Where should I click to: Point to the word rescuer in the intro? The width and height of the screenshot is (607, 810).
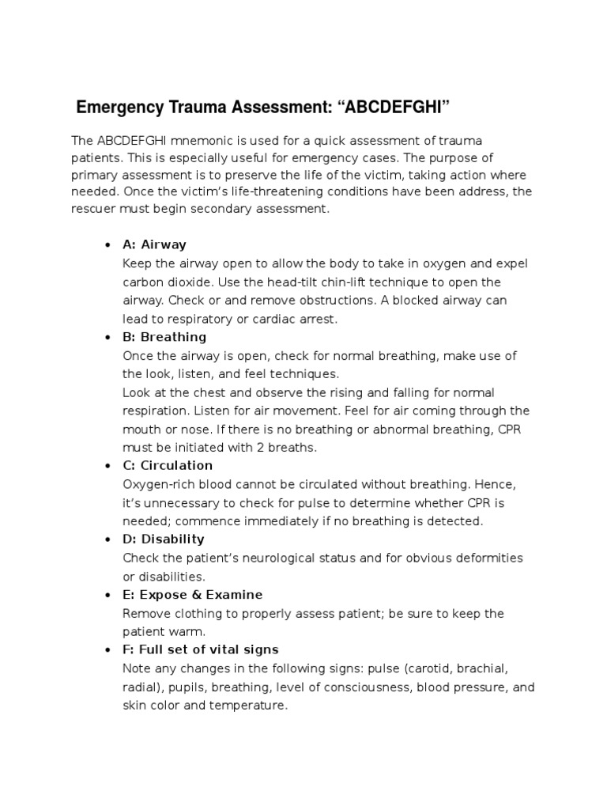click(x=94, y=210)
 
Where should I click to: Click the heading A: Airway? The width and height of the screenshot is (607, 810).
click(x=154, y=244)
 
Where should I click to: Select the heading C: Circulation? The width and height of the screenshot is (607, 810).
click(x=168, y=465)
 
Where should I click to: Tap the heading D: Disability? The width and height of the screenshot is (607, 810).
click(x=164, y=539)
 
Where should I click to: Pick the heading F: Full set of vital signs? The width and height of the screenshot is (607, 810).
click(x=201, y=649)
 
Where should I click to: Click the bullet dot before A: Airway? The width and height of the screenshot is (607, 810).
click(x=107, y=245)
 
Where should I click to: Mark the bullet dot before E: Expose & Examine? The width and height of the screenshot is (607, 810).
click(x=107, y=595)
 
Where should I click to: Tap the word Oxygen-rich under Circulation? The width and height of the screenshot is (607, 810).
click(x=158, y=483)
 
